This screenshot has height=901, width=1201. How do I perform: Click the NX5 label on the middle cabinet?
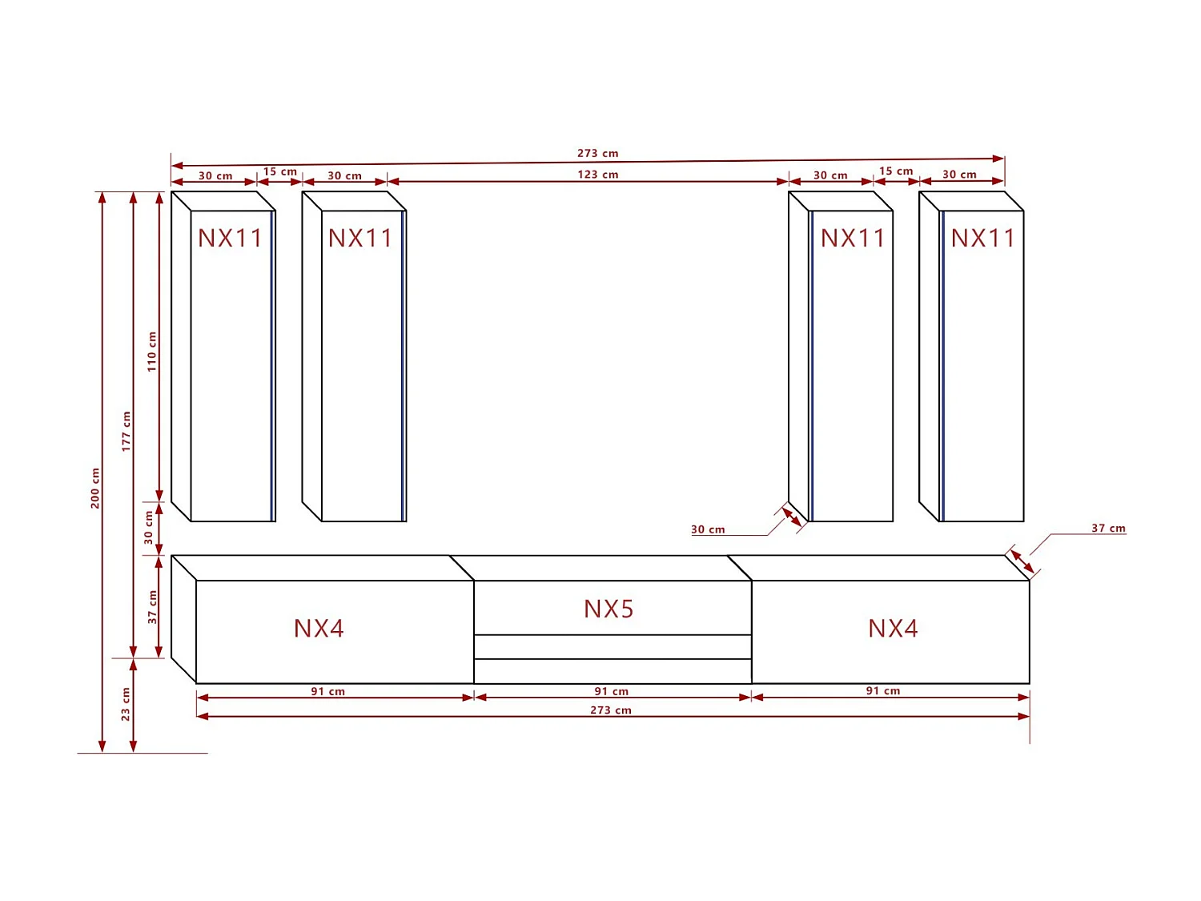point(609,609)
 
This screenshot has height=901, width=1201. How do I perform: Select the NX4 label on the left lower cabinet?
point(319,629)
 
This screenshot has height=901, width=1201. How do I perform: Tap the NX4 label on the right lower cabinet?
point(893,629)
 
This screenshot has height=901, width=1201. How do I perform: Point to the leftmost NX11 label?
point(230,239)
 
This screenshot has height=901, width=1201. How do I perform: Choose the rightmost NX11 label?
point(982,239)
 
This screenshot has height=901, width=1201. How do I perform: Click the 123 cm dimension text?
point(598,175)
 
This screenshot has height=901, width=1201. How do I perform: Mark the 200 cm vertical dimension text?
point(95,489)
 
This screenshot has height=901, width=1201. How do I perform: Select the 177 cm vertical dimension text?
point(126,432)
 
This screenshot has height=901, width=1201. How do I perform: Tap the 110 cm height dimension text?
point(152,352)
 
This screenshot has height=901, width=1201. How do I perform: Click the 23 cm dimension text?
point(126,704)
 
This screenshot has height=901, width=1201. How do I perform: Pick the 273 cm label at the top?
point(598,153)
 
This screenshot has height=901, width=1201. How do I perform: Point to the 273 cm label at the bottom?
point(611,710)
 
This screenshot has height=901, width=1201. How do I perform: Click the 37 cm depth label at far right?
point(1108,529)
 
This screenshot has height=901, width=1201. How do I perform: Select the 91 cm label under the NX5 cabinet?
point(612,691)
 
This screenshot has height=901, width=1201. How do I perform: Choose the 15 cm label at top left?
point(280,171)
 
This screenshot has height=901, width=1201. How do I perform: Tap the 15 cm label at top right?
point(896,171)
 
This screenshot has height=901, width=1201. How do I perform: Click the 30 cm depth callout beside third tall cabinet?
point(708,529)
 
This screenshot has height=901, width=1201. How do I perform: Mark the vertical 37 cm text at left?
point(152,607)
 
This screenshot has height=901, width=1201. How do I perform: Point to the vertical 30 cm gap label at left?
point(149,528)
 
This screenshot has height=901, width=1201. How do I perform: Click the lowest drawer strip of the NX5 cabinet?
point(613,671)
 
